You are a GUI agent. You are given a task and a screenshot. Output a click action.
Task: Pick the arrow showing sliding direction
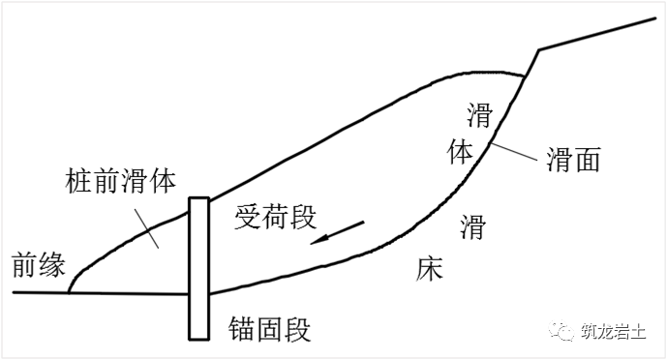pyautogui.click(x=338, y=233)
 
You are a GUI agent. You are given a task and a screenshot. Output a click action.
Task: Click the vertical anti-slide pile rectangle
pyautogui.click(x=199, y=268)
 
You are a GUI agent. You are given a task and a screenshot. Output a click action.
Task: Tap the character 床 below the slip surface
pyautogui.click(x=429, y=268)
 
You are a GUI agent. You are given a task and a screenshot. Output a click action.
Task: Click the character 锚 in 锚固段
pyautogui.click(x=243, y=330)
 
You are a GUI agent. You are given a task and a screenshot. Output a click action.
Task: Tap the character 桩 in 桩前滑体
pyautogui.click(x=79, y=181)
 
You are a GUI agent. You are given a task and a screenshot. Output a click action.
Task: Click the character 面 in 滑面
pyautogui.click(x=588, y=159)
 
